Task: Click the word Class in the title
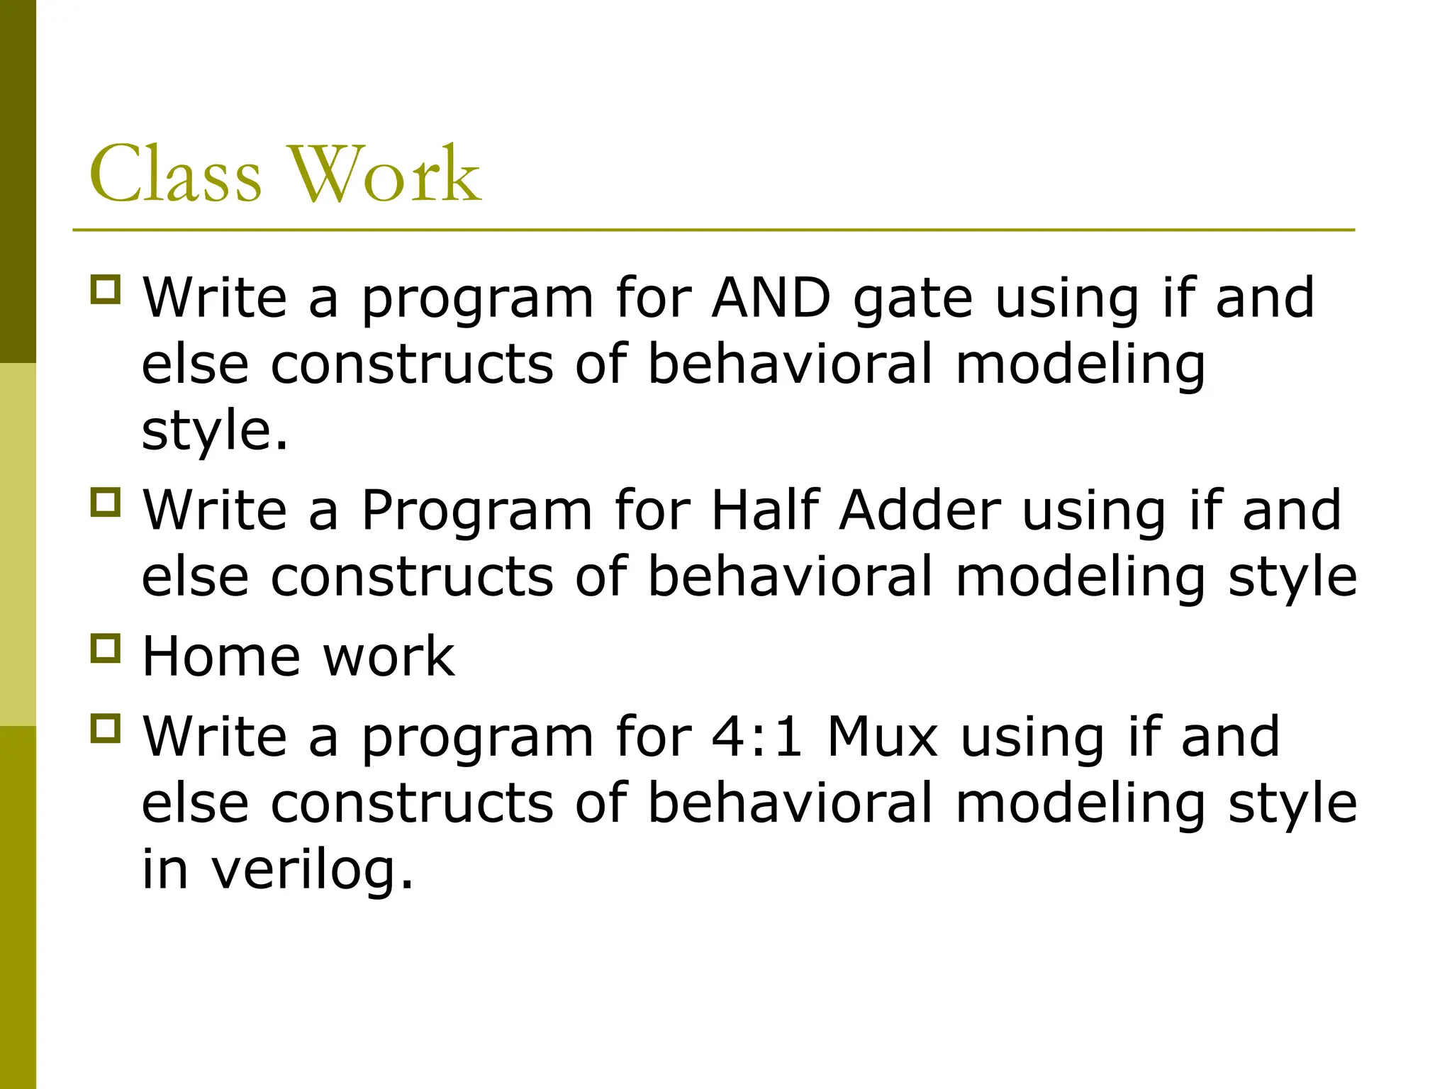[175, 174]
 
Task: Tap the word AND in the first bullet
[771, 298]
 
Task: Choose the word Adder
[920, 510]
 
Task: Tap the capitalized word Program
[476, 511]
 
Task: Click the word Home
[221, 657]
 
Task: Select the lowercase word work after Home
[389, 657]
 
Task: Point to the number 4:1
[756, 737]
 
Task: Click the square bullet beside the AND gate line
[106, 290]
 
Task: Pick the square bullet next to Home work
[106, 648]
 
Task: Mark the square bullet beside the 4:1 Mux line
[106, 728]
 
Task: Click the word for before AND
[653, 298]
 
